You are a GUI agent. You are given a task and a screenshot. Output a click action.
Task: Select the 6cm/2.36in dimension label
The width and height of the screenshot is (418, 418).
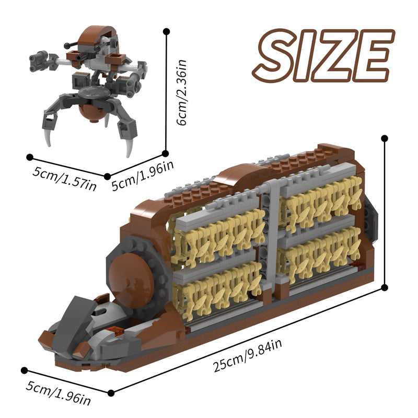182,92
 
